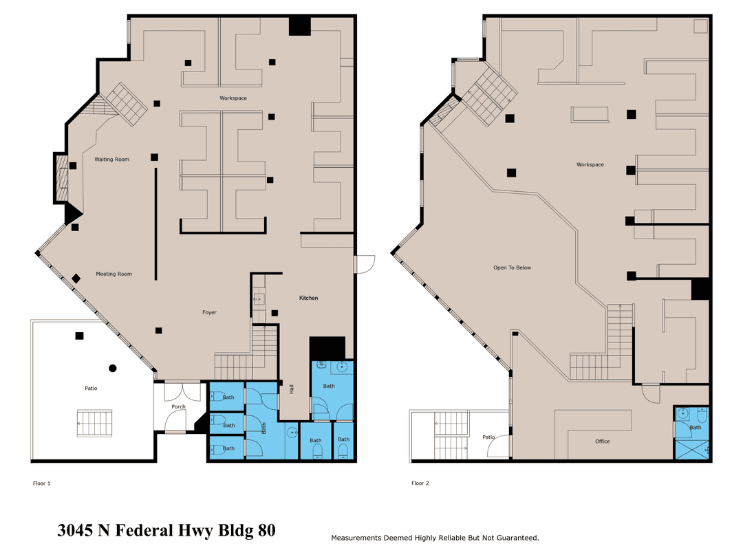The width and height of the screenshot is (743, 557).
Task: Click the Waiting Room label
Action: click(x=112, y=160)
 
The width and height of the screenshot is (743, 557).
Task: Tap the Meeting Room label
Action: click(x=114, y=274)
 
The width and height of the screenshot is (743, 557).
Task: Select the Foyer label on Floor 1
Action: click(x=209, y=313)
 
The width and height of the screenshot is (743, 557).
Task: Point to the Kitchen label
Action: click(x=308, y=298)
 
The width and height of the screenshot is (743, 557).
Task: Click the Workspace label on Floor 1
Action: click(x=233, y=98)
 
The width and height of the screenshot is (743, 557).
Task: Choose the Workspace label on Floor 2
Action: click(x=590, y=165)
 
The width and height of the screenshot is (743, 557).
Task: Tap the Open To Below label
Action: click(x=513, y=267)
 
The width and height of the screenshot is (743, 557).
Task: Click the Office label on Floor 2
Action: click(x=602, y=441)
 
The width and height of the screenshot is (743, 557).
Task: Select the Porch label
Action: click(x=179, y=407)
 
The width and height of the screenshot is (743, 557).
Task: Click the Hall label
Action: click(x=292, y=389)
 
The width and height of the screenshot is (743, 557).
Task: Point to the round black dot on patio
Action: click(x=113, y=368)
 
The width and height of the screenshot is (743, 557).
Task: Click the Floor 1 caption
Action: click(x=42, y=483)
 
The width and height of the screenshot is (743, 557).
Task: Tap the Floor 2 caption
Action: click(x=420, y=483)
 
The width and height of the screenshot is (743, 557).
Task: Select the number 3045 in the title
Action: click(x=75, y=530)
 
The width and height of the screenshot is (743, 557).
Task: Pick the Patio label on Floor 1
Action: click(x=91, y=389)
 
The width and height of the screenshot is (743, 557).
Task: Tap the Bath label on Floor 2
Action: click(x=695, y=428)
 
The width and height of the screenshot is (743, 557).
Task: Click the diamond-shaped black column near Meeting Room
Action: click(x=76, y=278)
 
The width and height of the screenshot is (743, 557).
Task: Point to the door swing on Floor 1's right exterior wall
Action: click(x=365, y=264)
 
